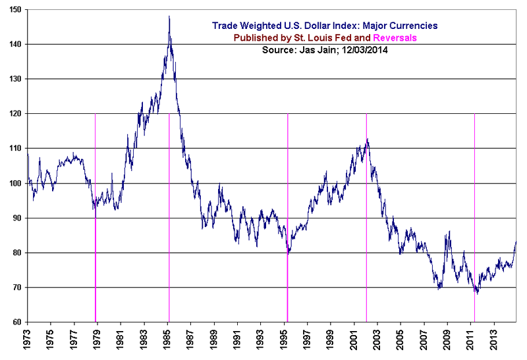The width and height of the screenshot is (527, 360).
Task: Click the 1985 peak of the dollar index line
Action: click(169, 16)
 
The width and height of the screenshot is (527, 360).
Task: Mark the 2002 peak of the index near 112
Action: click(367, 140)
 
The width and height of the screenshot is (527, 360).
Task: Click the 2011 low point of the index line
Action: click(476, 293)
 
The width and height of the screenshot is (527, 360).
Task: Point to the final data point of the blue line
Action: click(516, 242)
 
